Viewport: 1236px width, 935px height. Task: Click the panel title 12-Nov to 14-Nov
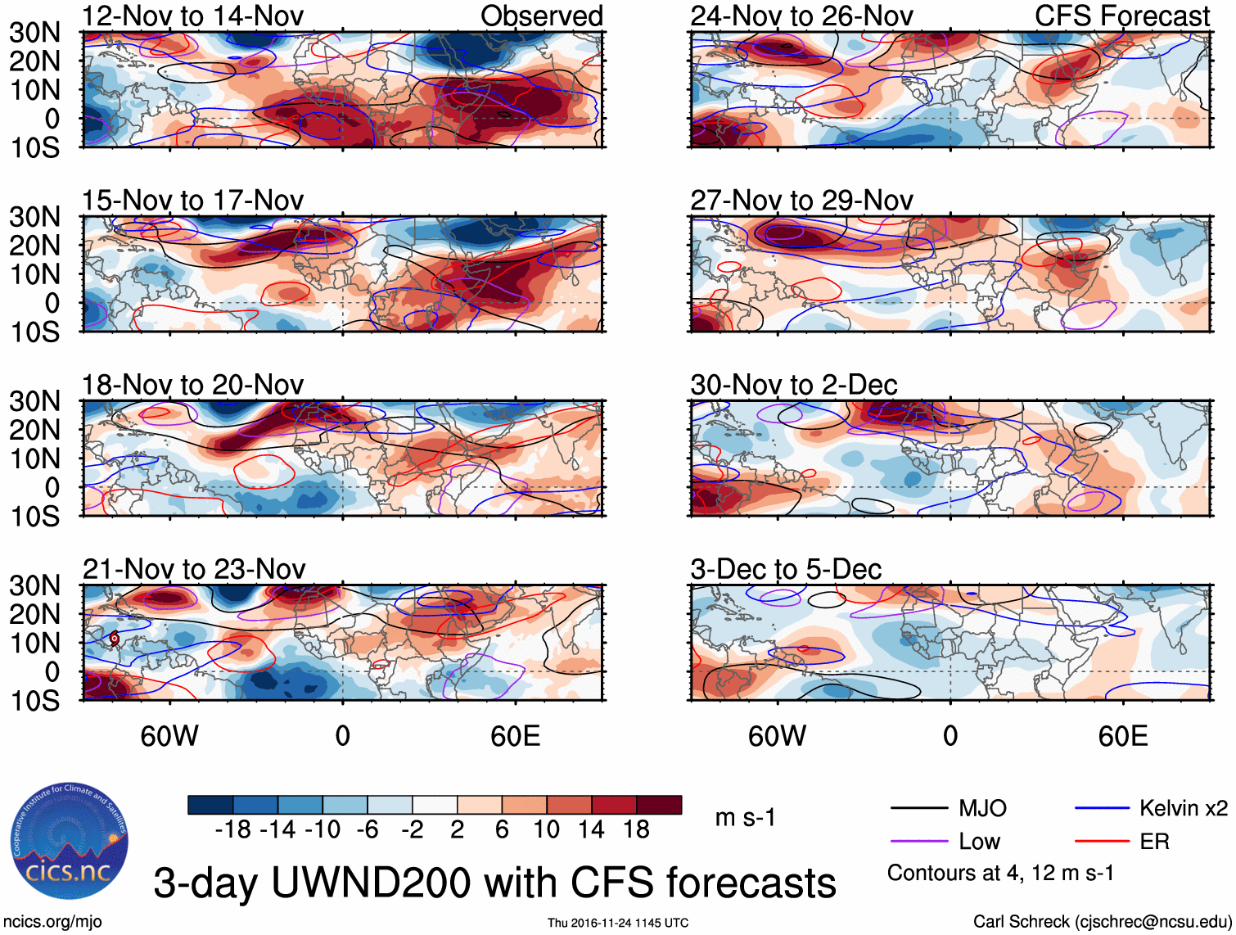[192, 16]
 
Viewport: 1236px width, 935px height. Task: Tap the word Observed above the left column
[541, 16]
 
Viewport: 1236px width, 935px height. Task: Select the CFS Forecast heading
[1121, 16]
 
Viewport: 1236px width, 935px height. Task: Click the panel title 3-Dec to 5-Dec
[785, 569]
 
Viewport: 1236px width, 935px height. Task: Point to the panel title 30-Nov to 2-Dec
[793, 385]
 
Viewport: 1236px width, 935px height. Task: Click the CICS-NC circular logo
[70, 841]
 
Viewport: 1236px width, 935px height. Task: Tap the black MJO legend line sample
[918, 809]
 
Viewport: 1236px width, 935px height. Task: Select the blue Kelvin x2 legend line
[1102, 809]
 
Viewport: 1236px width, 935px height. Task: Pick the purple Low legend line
[918, 842]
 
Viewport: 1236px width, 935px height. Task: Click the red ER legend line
[1102, 842]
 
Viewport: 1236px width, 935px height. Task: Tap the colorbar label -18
[233, 830]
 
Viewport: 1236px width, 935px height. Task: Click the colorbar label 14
[591, 830]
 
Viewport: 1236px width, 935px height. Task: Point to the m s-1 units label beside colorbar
[745, 818]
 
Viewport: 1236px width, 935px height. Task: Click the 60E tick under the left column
[515, 736]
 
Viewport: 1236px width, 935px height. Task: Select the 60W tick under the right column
[777, 736]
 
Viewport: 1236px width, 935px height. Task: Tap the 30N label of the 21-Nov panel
[35, 585]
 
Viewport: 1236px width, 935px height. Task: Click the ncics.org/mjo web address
[52, 922]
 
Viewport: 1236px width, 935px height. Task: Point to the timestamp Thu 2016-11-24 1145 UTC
[617, 923]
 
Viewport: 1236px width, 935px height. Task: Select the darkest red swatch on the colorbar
[659, 805]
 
